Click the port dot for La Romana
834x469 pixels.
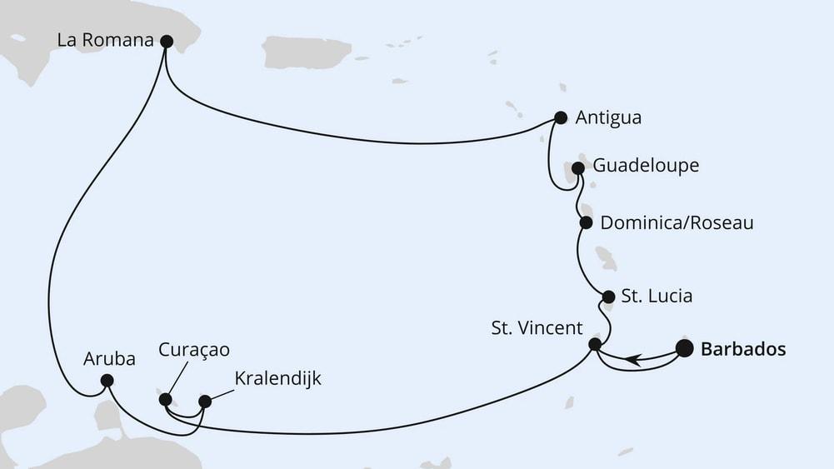pos(166,41)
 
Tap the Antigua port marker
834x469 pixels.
pos(561,118)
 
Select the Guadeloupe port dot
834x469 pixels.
pos(578,167)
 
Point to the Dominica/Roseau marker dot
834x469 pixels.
pos(586,222)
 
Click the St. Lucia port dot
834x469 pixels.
pos(608,296)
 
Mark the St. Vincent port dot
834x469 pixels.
pos(595,344)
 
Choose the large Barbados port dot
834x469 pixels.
pos(684,348)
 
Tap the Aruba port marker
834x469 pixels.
pos(107,381)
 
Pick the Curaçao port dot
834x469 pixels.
pos(165,399)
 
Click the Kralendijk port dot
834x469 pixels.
pos(205,401)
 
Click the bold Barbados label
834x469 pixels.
pos(743,349)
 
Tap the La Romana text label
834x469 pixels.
pos(105,40)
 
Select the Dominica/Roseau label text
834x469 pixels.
pos(677,223)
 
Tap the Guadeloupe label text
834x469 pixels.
pos(646,166)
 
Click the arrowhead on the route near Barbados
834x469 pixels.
pos(633,359)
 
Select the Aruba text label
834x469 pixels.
pos(106,359)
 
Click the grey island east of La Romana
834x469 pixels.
pos(307,52)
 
